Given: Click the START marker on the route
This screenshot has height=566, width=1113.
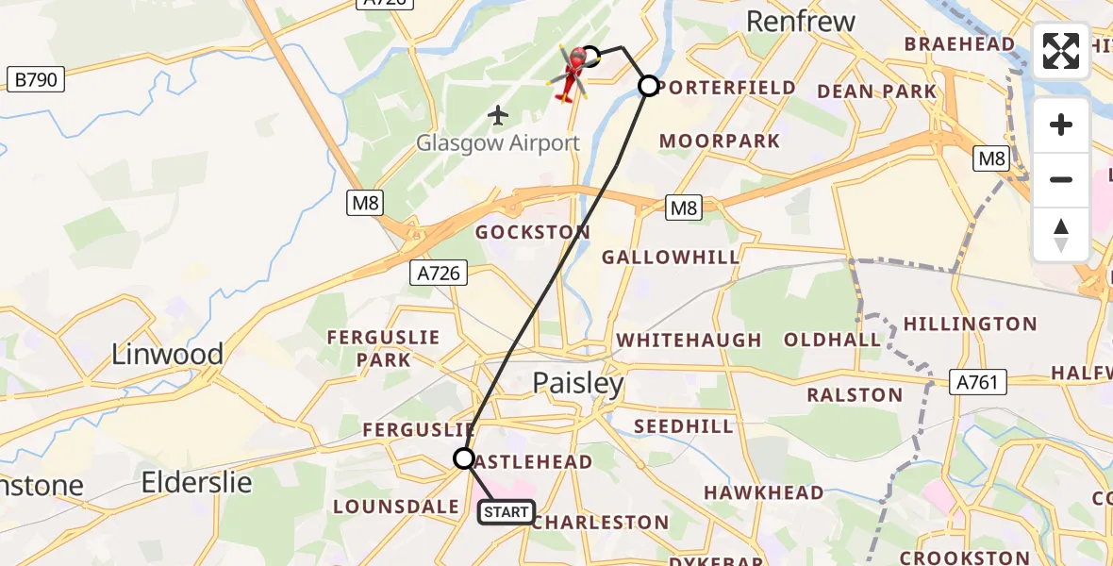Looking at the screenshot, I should point(507,512).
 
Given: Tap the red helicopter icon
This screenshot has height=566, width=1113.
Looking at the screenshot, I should point(570,72).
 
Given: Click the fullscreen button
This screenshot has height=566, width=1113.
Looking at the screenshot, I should point(1061,51).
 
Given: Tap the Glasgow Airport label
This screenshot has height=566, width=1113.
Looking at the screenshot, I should point(498,143).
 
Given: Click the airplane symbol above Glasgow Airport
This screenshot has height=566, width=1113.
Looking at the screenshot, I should point(498,115).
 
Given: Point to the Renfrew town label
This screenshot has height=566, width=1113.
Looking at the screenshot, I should point(801,21).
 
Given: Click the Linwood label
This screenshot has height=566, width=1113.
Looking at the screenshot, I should point(168,355).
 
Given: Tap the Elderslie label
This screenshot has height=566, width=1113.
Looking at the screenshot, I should point(196,483).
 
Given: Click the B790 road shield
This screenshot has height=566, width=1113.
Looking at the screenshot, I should point(37,79).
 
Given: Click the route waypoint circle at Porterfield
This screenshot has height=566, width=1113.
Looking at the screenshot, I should point(649,86).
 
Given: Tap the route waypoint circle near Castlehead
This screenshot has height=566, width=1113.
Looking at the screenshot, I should point(464,458).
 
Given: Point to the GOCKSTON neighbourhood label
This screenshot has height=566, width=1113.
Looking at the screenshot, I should point(533,232).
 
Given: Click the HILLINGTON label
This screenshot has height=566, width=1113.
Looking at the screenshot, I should point(970,324).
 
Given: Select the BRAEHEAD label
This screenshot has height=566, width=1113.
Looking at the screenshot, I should point(959,44).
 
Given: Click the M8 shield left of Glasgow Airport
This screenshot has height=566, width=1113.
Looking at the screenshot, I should point(365,202).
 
